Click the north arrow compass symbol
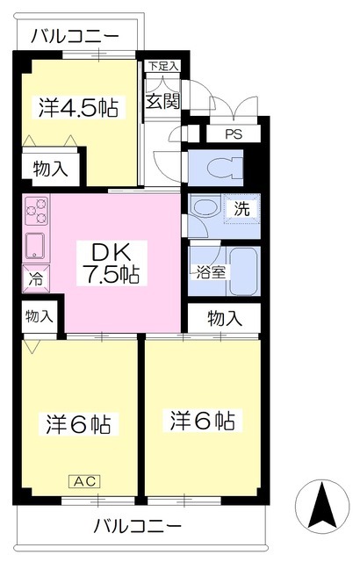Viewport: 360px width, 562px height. (x=322, y=506)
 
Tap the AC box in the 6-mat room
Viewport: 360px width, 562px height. (x=84, y=481)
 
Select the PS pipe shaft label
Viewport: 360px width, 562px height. (x=234, y=134)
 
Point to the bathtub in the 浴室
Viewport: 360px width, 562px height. (x=243, y=271)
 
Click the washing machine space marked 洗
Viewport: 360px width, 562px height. (x=242, y=209)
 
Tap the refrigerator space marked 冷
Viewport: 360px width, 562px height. (x=35, y=279)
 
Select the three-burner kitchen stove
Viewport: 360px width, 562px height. (x=36, y=211)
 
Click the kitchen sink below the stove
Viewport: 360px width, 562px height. (x=35, y=246)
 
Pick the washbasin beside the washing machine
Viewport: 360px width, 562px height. (x=202, y=208)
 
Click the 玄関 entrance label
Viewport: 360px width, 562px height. (x=162, y=101)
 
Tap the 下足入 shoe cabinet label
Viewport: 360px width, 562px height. (x=163, y=66)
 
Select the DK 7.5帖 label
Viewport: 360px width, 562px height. (x=112, y=263)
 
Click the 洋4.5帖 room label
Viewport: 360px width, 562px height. (x=78, y=107)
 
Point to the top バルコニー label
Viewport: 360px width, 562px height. (x=75, y=37)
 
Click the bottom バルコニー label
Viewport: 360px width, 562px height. (x=138, y=527)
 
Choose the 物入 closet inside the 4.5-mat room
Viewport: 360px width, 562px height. (x=51, y=169)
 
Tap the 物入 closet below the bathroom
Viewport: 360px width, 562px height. (x=225, y=318)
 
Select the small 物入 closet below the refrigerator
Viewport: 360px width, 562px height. (x=40, y=316)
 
